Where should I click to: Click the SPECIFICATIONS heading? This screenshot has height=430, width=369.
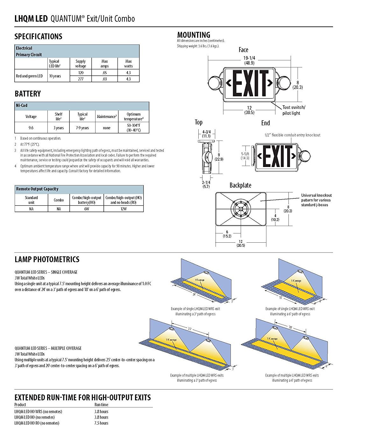pyautogui.click(x=38, y=37)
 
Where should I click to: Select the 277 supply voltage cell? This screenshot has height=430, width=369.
pyautogui.click(x=81, y=79)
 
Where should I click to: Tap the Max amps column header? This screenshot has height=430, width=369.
pyautogui.click(x=104, y=64)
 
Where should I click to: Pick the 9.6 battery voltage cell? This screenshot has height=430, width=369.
pyautogui.click(x=31, y=128)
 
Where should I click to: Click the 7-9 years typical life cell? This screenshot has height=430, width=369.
pyautogui.click(x=82, y=128)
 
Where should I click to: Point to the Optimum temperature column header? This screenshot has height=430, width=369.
pyautogui.click(x=133, y=116)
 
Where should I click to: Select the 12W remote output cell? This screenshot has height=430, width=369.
pyautogui.click(x=124, y=209)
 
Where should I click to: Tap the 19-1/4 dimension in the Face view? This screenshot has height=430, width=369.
pyautogui.click(x=249, y=60)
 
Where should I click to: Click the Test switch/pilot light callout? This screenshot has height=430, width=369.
pyautogui.click(x=294, y=110)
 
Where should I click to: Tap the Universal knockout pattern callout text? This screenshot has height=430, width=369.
pyautogui.click(x=316, y=200)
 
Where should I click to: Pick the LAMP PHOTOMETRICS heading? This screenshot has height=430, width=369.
pyautogui.click(x=47, y=260)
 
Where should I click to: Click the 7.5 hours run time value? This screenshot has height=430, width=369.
pyautogui.click(x=101, y=423)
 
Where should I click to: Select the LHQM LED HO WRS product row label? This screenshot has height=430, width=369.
pyautogui.click(x=38, y=412)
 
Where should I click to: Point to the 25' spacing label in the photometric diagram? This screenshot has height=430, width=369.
pyautogui.click(x=190, y=329)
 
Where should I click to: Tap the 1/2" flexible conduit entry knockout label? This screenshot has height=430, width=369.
pyautogui.click(x=292, y=135)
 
